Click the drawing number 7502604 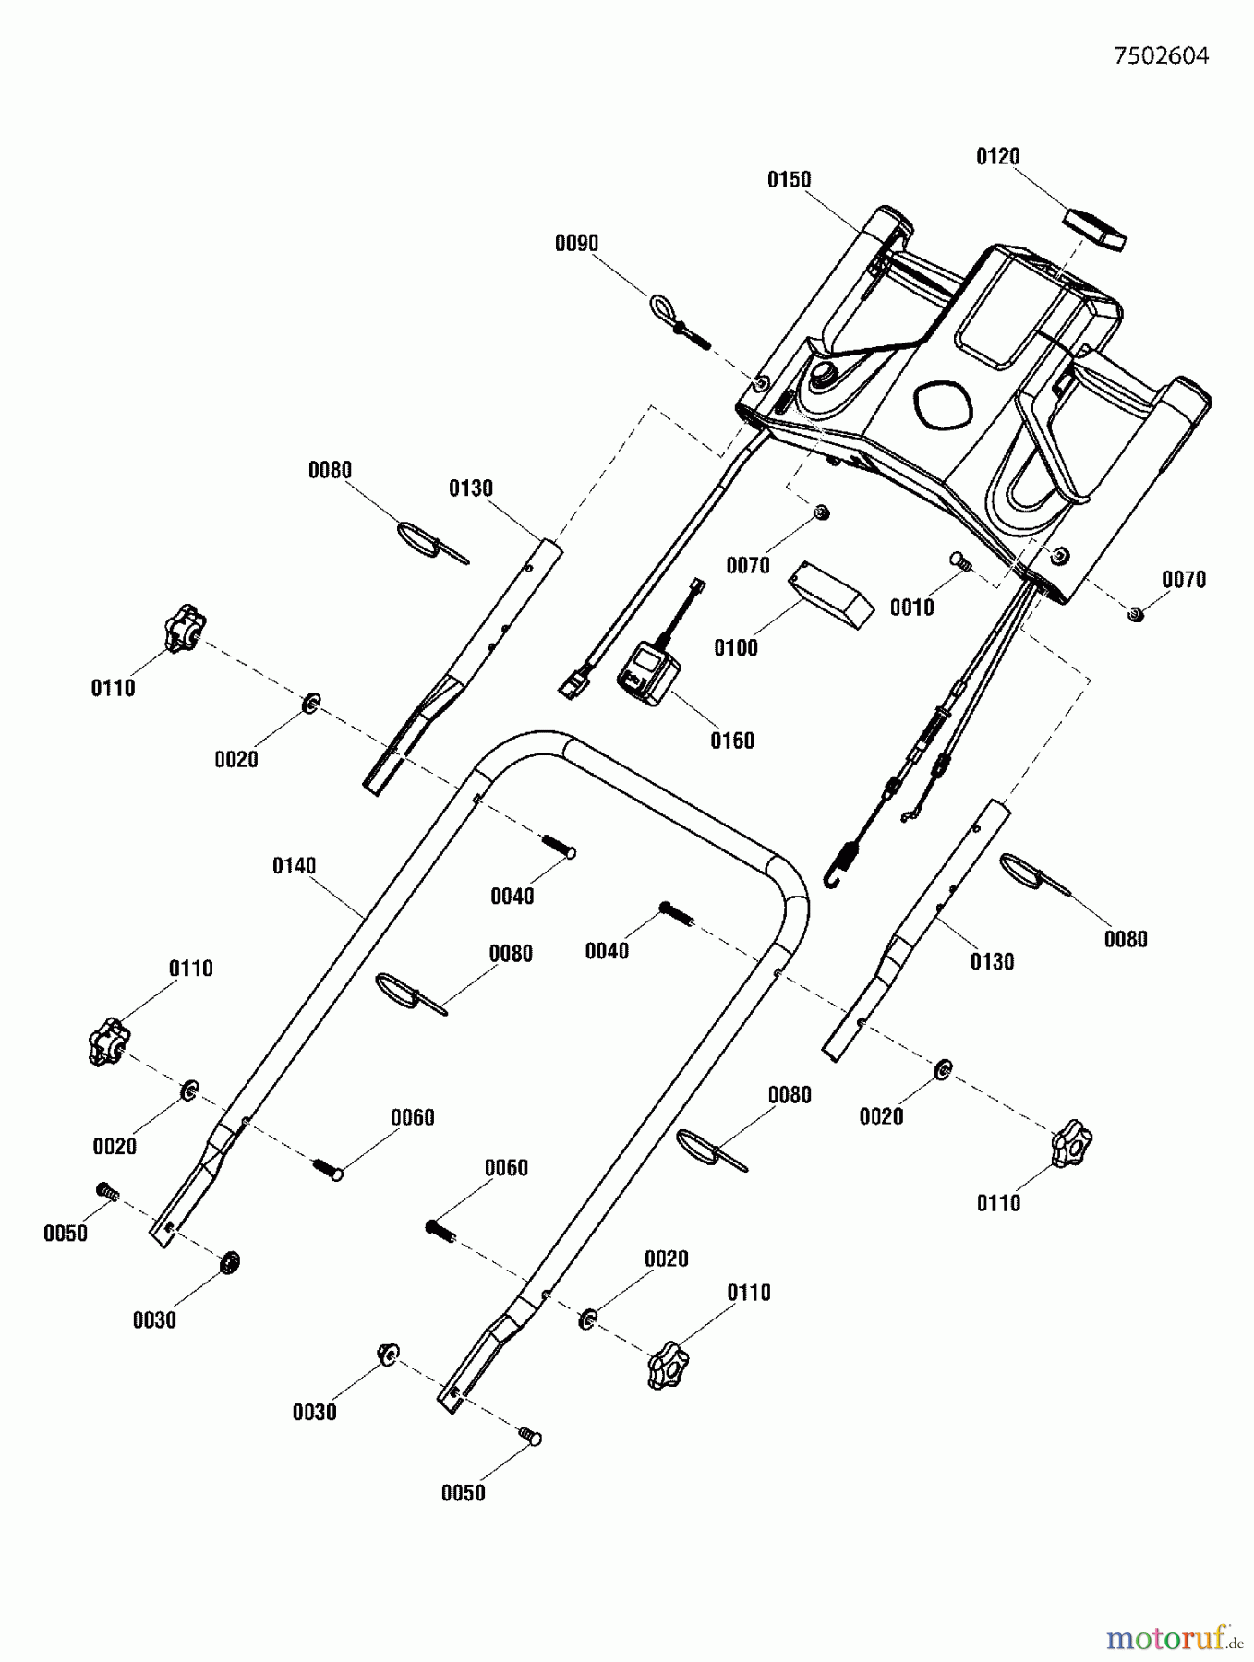[1161, 56]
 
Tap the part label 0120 [997, 157]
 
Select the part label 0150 [789, 180]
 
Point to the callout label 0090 [576, 244]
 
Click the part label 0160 [731, 741]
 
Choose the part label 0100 [735, 648]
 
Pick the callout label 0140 [294, 866]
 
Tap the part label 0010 [911, 608]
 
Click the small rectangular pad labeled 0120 [1095, 229]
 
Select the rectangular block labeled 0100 [830, 597]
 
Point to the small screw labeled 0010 [960, 560]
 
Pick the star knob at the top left [185, 628]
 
